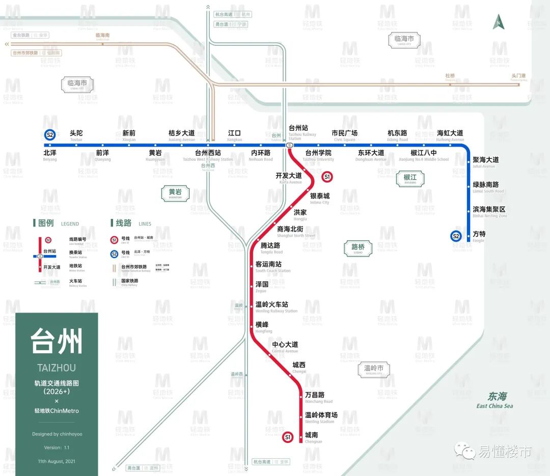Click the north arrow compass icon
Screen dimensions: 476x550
point(499,22)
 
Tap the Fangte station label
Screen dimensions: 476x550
point(479,236)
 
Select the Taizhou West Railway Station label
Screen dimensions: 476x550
point(208,155)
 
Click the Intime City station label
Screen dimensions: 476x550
point(320,198)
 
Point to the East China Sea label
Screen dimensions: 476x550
point(494,400)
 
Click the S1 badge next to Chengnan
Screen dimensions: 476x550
point(288,437)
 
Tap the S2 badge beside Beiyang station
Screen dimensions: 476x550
point(50,135)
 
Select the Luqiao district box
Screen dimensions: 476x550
point(358,247)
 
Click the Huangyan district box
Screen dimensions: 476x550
point(175,193)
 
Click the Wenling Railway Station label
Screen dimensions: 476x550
point(276,307)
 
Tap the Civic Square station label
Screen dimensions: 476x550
point(345,135)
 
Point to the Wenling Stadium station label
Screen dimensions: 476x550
point(321,417)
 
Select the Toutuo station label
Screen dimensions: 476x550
point(76,135)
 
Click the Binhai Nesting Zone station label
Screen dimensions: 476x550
point(489,212)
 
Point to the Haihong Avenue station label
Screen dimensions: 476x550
point(450,135)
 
